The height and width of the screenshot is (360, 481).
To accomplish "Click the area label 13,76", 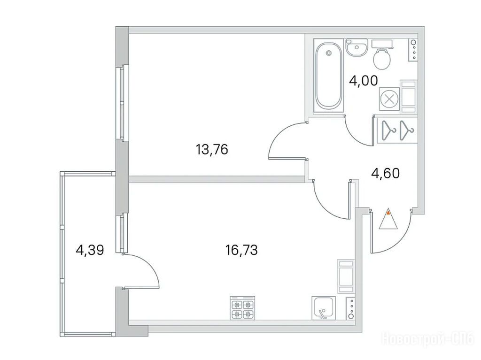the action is pyautogui.click(x=212, y=150).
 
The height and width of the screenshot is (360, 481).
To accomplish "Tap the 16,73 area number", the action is pyautogui.click(x=241, y=250).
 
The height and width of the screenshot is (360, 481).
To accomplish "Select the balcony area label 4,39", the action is pyautogui.click(x=90, y=250).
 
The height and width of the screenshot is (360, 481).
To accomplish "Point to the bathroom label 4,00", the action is pyautogui.click(x=364, y=81).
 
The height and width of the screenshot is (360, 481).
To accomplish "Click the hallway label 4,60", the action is pyautogui.click(x=385, y=173).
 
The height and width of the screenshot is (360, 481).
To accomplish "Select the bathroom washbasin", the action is pyautogui.click(x=357, y=47).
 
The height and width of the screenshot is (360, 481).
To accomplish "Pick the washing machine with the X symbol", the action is pyautogui.click(x=389, y=100).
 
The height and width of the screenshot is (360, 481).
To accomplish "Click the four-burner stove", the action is pyautogui.click(x=242, y=308).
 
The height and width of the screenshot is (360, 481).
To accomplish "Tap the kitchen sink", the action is pyautogui.click(x=324, y=308).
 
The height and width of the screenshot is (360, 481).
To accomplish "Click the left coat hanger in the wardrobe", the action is pyautogui.click(x=388, y=130).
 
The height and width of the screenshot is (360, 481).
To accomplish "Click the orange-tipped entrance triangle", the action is pyautogui.click(x=388, y=219).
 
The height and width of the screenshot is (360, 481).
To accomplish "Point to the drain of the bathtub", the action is pyautogui.click(x=328, y=53).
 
